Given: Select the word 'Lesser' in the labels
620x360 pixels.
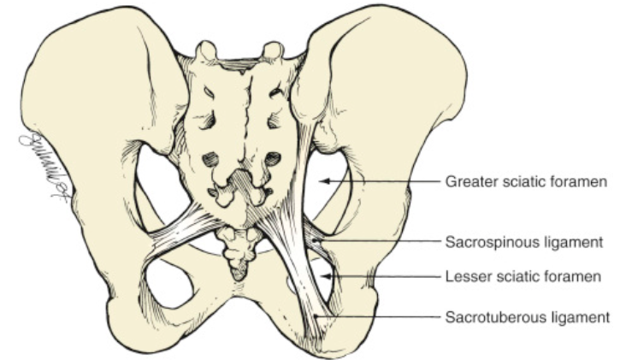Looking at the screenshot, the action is pos(464,276).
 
